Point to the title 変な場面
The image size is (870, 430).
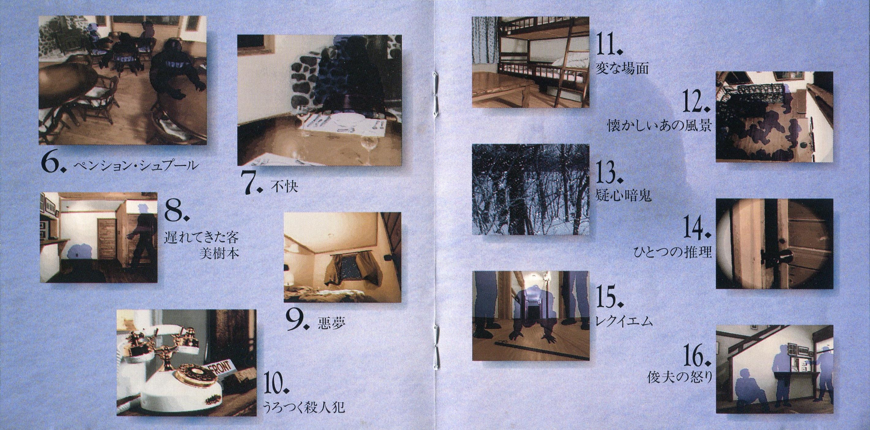tap(622, 69)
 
